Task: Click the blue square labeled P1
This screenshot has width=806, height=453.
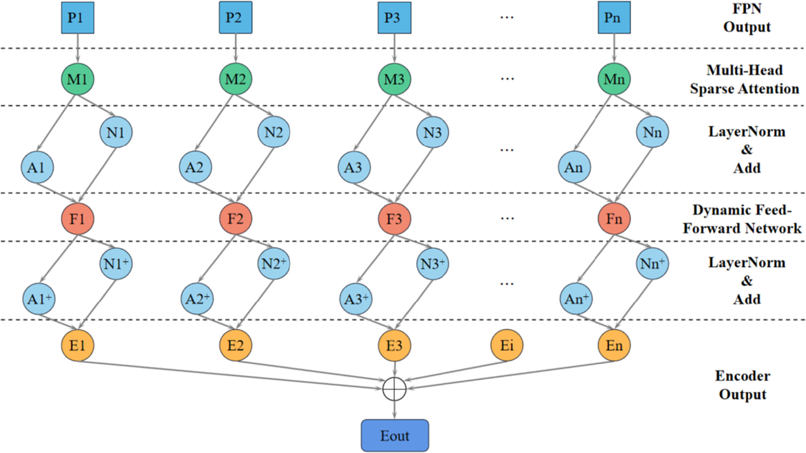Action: click(77, 18)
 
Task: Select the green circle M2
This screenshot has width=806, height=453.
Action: click(236, 79)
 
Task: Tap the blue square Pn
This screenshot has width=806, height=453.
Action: click(614, 18)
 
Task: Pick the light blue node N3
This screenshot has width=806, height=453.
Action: click(433, 132)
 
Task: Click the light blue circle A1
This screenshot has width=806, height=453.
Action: click(37, 168)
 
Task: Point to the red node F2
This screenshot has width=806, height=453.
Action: click(236, 219)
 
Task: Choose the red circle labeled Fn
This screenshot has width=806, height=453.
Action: click(614, 219)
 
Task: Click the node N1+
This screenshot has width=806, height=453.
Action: click(116, 263)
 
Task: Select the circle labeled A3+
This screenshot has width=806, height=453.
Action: click(356, 299)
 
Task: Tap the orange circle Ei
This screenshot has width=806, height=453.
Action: click(507, 346)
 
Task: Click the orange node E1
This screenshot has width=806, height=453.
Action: click(77, 346)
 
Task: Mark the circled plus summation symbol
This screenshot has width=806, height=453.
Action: click(395, 389)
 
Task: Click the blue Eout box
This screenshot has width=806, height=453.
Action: click(395, 436)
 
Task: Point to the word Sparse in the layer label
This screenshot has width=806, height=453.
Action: click(714, 89)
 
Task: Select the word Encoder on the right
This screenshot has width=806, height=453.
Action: click(743, 376)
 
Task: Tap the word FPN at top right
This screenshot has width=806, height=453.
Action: click(747, 8)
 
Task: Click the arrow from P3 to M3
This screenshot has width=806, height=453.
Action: click(395, 48)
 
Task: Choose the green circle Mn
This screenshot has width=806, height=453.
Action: click(614, 79)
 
